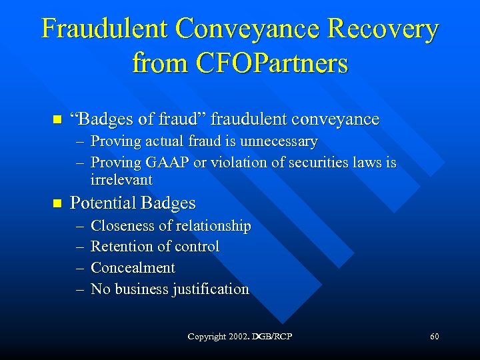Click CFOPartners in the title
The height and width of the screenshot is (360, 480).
click(x=271, y=63)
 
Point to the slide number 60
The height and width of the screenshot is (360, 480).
click(x=435, y=337)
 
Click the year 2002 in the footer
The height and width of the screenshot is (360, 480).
click(x=239, y=337)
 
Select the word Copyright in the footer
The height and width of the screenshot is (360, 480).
click(x=207, y=337)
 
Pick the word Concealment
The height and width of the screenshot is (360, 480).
click(x=133, y=268)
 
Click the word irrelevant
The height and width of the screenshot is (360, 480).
click(x=121, y=179)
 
